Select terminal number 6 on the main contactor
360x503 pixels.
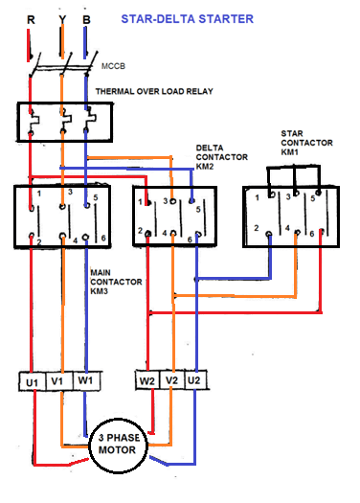pyautogui.click(x=101, y=238)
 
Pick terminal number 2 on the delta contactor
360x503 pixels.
pyautogui.click(x=140, y=232)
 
